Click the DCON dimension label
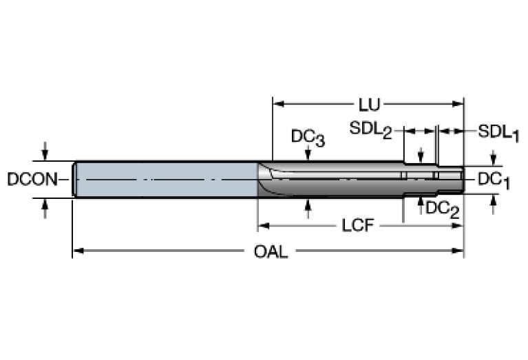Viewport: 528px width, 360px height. coord(31,180)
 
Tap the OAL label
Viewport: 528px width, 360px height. coord(271,252)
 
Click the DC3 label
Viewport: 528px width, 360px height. coord(307,138)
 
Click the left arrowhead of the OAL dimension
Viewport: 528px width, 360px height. coord(77,251)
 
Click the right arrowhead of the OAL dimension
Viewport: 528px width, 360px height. coord(459,251)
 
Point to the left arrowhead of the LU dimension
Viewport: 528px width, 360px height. coord(278,105)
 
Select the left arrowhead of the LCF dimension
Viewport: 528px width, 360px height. coord(262,225)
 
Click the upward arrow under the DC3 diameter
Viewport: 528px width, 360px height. coord(308,204)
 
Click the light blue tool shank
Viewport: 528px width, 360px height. coord(165,180)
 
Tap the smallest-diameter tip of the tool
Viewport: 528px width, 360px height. coord(451,180)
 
